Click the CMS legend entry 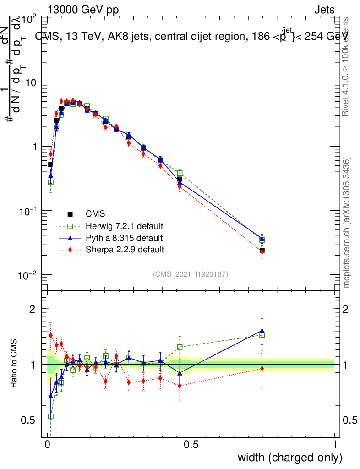pyautogui.click(x=95, y=214)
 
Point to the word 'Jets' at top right pyautogui.click(x=324, y=10)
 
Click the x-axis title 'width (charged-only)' pyautogui.click(x=290, y=457)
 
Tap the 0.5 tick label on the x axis pyautogui.click(x=191, y=445)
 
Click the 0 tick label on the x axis pyautogui.click(x=48, y=445)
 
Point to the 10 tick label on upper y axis pyautogui.click(x=29, y=82)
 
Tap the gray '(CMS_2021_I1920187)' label pyautogui.click(x=191, y=274)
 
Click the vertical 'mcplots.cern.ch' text pyautogui.click(x=347, y=223)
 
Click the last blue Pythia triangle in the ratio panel pyautogui.click(x=262, y=331)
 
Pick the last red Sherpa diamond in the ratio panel pyautogui.click(x=262, y=368)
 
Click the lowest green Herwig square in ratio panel pyautogui.click(x=51, y=416)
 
